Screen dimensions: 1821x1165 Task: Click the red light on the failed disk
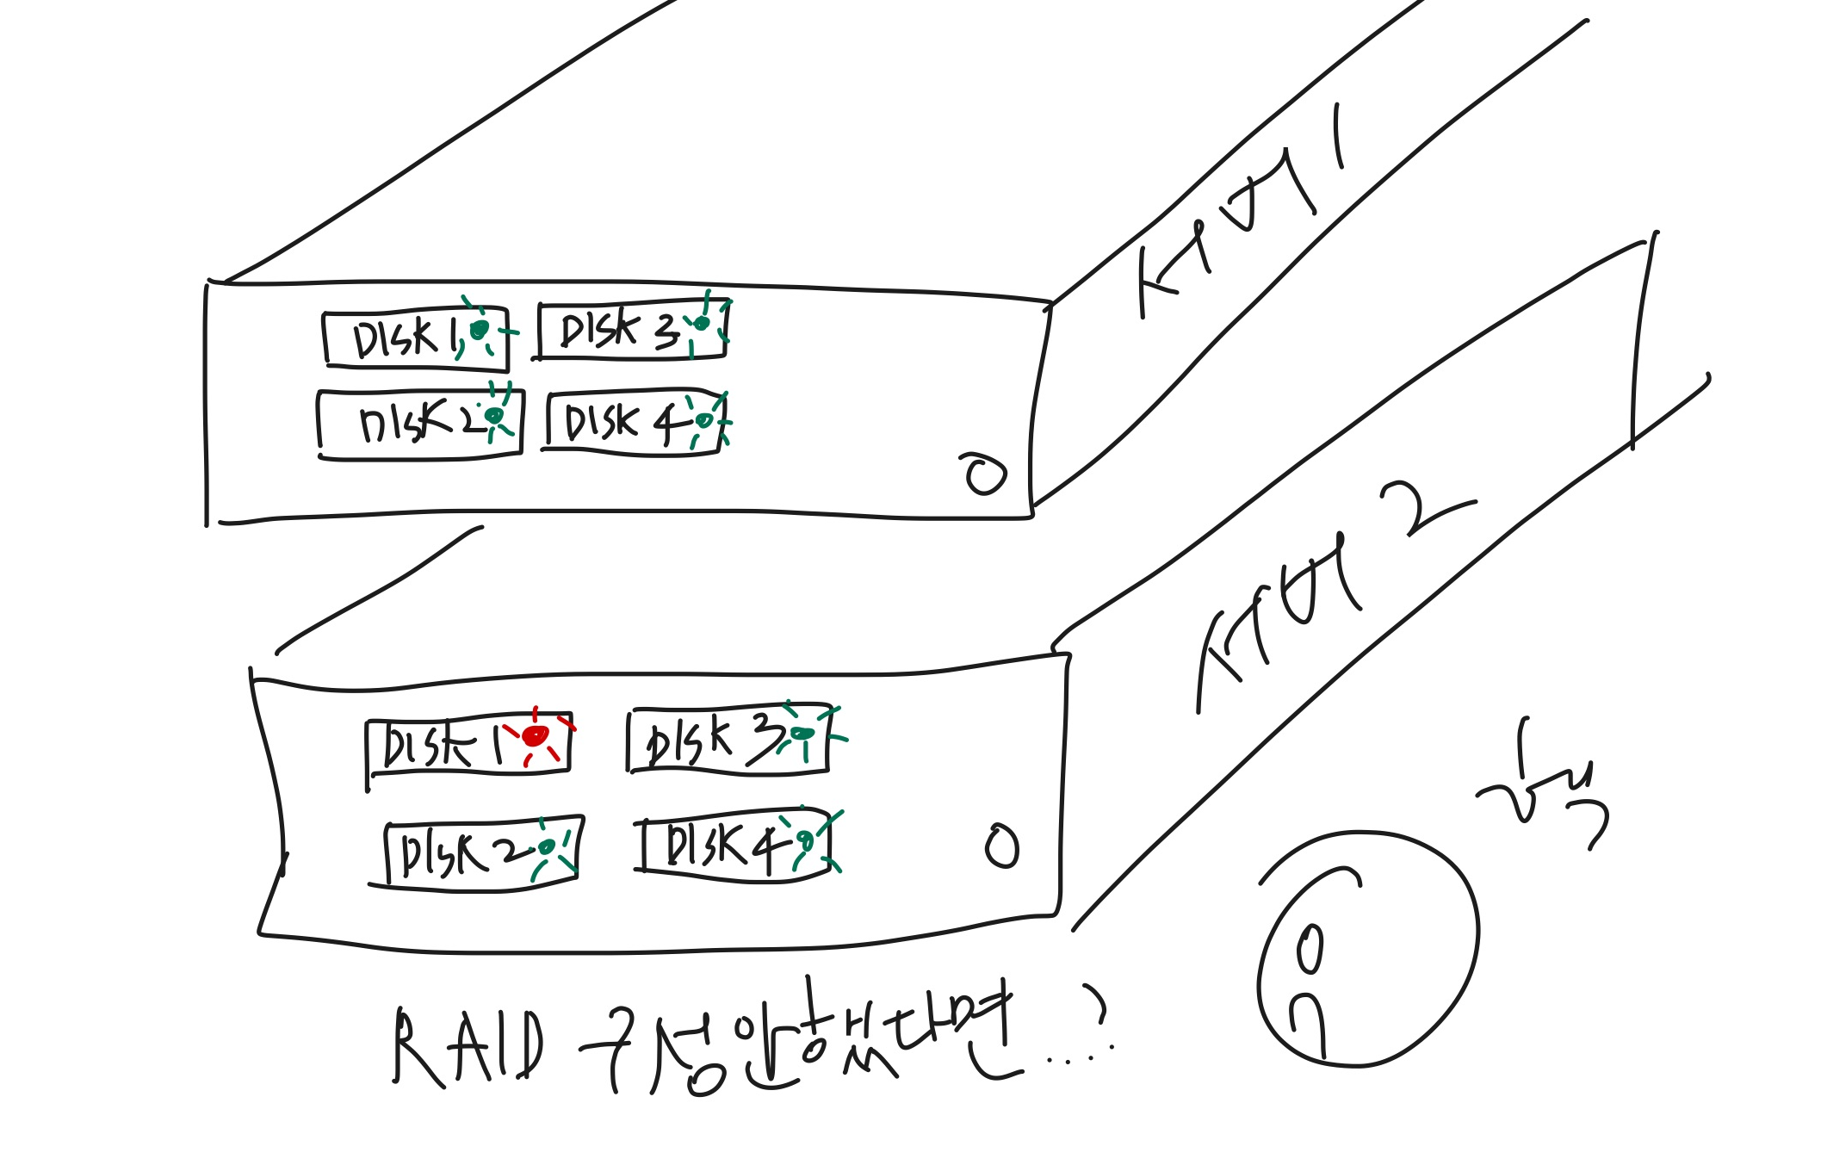[536, 735]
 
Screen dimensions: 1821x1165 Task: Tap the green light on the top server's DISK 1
[480, 330]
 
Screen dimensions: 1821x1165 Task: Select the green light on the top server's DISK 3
[702, 323]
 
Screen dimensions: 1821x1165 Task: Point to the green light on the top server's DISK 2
[494, 416]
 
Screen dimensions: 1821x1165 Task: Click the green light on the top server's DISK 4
[704, 420]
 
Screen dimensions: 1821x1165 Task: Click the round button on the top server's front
[985, 474]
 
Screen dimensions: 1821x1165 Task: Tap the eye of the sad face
[1310, 949]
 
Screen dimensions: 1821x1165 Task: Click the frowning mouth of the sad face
[1308, 1020]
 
